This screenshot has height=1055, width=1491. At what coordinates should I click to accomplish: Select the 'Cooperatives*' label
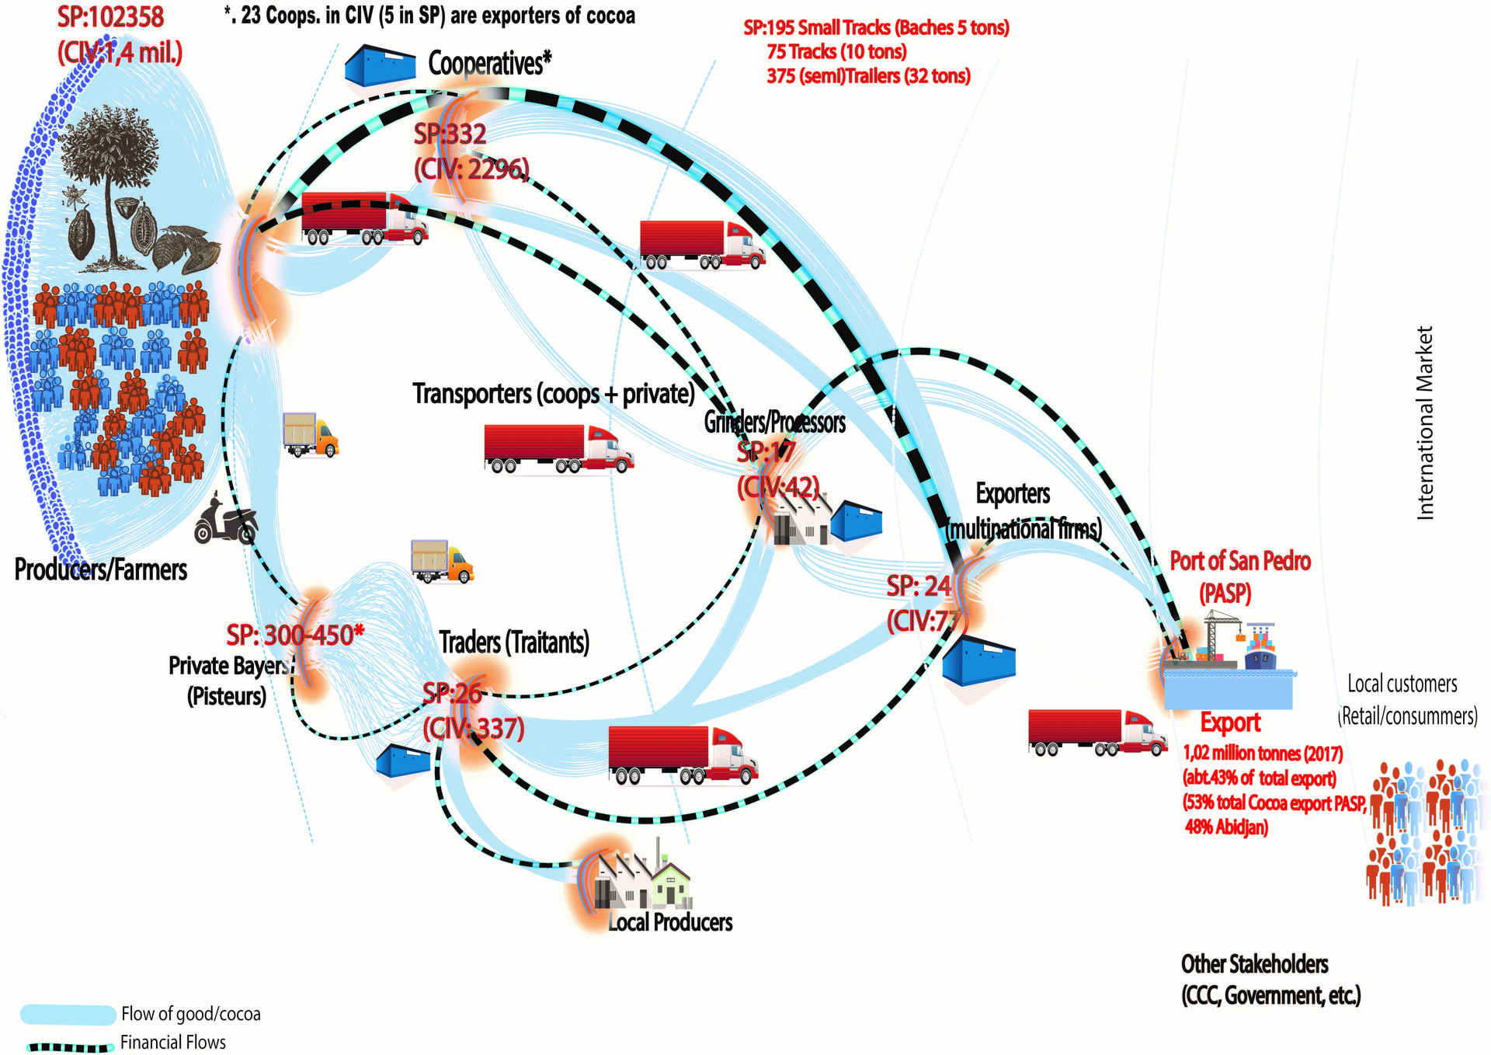coord(489,64)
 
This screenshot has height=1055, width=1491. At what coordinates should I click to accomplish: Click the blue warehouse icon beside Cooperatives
coord(380,65)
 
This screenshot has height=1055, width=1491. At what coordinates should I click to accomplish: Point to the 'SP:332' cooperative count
coord(450,134)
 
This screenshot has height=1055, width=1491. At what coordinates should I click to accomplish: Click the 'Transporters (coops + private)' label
coord(553,394)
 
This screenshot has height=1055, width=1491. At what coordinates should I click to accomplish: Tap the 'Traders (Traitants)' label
coord(514,642)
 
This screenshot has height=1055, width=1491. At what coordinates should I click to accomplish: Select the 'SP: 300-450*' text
coord(295,635)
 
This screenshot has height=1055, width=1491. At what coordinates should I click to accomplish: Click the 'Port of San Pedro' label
coord(1239,561)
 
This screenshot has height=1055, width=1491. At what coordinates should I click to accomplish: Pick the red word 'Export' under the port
coord(1230,722)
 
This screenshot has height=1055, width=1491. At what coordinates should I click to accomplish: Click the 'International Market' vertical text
coord(1424,423)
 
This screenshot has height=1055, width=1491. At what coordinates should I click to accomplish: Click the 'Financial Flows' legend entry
coord(172,1043)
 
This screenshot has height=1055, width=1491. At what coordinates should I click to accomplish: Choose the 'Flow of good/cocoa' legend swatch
coord(68,1014)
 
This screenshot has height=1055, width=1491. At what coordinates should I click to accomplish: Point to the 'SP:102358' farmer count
coord(110,17)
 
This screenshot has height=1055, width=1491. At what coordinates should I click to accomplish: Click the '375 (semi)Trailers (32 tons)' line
coord(868,76)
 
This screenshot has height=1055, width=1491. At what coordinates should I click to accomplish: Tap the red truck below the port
coord(1097,733)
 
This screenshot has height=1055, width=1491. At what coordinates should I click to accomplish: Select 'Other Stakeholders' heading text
coord(1254,964)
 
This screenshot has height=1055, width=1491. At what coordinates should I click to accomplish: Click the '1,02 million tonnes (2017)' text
coord(1263,754)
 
